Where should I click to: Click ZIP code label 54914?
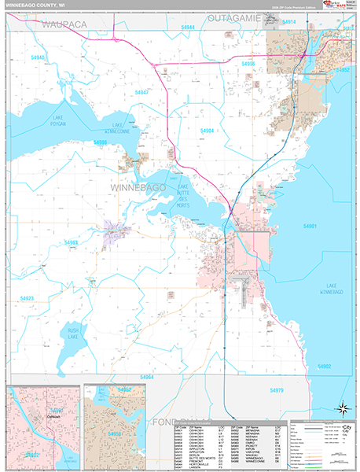tap(289, 22)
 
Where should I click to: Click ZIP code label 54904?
tap(208, 131)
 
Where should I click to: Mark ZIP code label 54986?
tap(100, 142)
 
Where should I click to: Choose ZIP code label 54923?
tap(27, 298)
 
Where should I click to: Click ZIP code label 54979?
tap(276, 390)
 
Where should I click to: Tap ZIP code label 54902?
tap(324, 367)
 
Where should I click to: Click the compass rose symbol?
tap(343, 407)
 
